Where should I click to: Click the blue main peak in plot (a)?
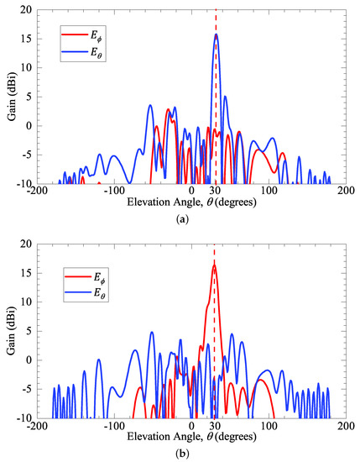click(216, 35)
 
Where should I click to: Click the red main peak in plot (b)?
click(214, 266)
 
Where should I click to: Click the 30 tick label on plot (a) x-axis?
click(216, 191)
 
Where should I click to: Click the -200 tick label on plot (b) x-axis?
click(37, 425)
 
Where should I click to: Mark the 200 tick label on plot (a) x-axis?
click(345, 191)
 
